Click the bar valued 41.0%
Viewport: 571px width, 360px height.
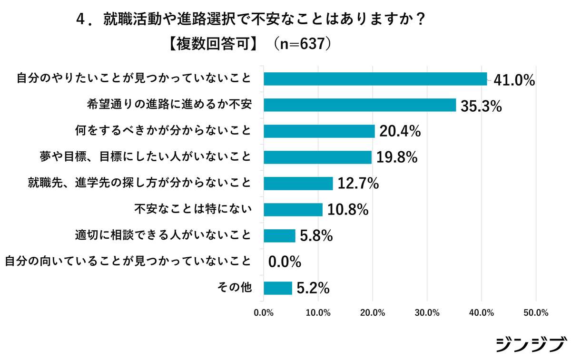click(x=375, y=79)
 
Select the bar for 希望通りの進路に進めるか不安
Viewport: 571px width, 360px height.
click(x=360, y=105)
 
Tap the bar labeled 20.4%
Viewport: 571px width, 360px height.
click(x=319, y=131)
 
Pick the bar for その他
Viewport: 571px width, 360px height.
click(x=277, y=288)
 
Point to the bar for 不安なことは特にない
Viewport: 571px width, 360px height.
click(x=293, y=209)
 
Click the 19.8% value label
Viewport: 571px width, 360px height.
click(x=397, y=157)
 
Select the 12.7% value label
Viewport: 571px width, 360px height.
click(x=358, y=184)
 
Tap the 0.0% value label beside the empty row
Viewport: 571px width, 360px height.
click(x=285, y=262)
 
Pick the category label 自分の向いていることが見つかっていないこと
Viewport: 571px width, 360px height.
click(x=128, y=261)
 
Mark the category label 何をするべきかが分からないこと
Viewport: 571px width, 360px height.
click(x=163, y=130)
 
